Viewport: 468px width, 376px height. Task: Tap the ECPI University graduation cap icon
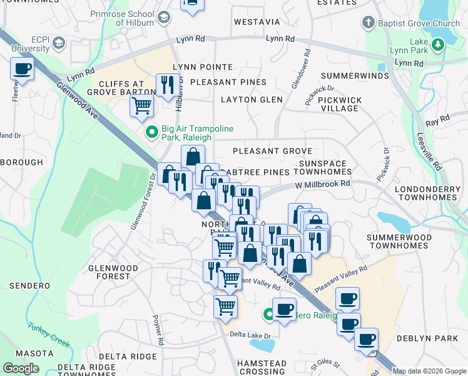click(59, 43)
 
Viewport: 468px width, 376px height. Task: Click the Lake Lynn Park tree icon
click(439, 43)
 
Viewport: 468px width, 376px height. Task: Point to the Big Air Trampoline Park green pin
click(151, 132)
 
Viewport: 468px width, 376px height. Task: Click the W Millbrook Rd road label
click(322, 185)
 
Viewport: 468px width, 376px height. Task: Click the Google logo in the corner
click(21, 368)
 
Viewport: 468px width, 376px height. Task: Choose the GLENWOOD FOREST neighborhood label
click(113, 272)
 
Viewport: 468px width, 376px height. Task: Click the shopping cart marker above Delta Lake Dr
click(225, 307)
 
